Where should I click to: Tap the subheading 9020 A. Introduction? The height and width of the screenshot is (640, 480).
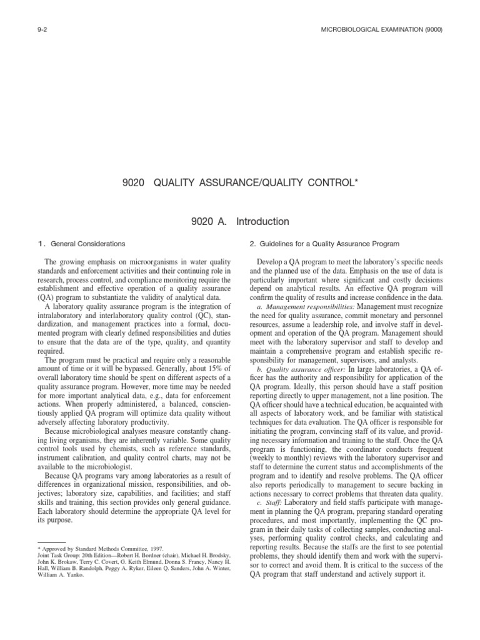tap(240, 221)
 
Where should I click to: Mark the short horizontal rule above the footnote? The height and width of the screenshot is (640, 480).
tap(52, 541)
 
